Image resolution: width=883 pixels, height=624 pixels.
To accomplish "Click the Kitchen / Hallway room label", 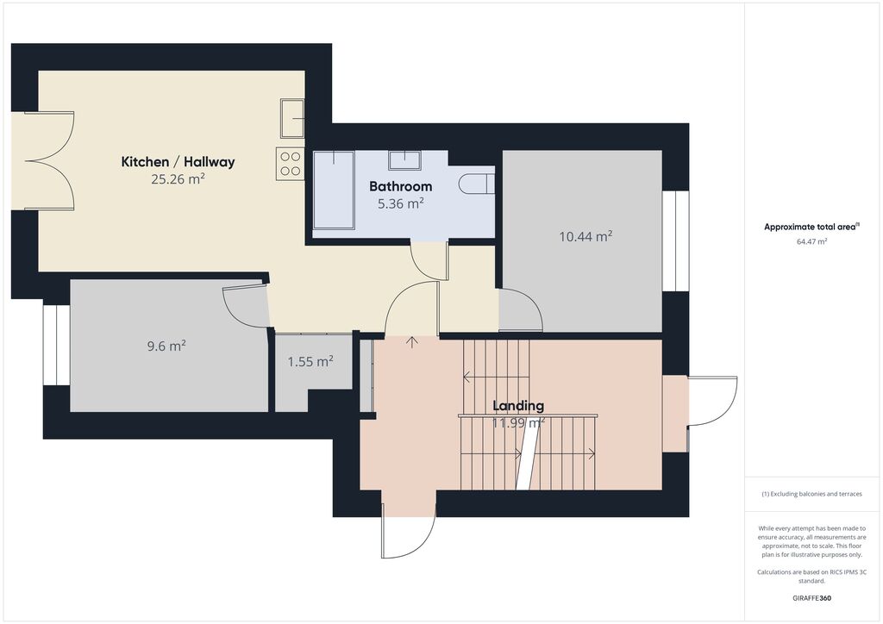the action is click(178, 162).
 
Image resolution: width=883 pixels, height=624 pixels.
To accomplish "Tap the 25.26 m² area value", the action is click(178, 179).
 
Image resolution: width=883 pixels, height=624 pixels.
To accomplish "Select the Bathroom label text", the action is click(401, 186).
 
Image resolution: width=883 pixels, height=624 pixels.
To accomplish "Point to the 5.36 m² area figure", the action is click(401, 203).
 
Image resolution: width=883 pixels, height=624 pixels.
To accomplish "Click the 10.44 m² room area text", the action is click(586, 236).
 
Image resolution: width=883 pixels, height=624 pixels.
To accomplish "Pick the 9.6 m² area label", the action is click(166, 346).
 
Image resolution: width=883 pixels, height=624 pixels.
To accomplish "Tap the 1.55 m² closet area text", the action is click(310, 361).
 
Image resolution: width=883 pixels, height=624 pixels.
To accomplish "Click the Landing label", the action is click(518, 406).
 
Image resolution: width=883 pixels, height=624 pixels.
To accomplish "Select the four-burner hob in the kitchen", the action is click(290, 164).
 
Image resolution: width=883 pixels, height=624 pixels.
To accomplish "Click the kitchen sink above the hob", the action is click(292, 118).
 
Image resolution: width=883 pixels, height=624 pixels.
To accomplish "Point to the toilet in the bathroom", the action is click(476, 184).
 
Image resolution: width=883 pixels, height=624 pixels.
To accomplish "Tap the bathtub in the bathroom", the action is click(334, 190).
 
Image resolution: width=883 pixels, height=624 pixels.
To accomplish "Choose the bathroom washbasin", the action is click(404, 159).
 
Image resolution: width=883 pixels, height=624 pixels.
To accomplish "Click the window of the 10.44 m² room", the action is click(675, 241).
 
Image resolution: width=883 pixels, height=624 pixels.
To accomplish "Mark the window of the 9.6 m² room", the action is click(56, 345).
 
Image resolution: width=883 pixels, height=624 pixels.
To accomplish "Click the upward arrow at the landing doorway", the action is click(412, 342).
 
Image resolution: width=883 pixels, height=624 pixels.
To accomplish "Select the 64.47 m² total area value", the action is click(811, 242).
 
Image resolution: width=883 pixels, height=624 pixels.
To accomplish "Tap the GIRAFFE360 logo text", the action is click(811, 598).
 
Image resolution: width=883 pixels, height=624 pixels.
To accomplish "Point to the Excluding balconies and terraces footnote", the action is click(811, 494).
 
